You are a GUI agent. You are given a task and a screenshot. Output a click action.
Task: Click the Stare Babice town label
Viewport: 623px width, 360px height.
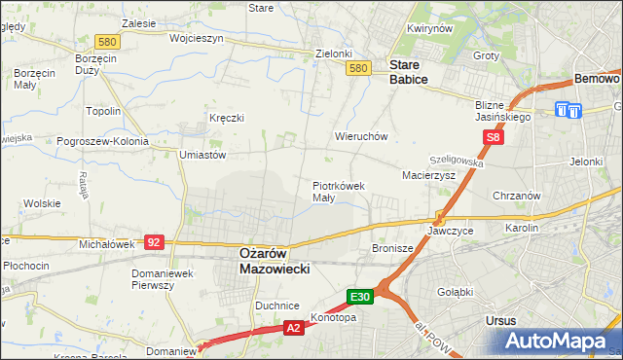pyautogui.click(x=409, y=72)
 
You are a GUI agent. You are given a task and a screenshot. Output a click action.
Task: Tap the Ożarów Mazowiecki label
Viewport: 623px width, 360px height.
pyautogui.click(x=275, y=260)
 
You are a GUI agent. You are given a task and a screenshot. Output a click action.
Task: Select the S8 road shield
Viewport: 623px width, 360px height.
pyautogui.click(x=495, y=138)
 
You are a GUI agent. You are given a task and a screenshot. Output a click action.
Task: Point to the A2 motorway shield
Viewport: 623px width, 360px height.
pyautogui.click(x=293, y=329)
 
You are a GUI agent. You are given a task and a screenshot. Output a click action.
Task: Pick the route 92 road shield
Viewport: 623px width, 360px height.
pyautogui.click(x=154, y=240)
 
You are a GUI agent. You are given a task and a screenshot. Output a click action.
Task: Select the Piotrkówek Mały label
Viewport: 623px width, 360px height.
pyautogui.click(x=338, y=191)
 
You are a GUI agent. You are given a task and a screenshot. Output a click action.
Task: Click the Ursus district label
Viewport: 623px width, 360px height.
pyautogui.click(x=500, y=319)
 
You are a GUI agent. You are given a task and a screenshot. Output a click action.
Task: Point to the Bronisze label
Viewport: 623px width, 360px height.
pyautogui.click(x=393, y=249)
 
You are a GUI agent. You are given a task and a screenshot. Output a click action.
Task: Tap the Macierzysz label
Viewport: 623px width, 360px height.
pyautogui.click(x=429, y=175)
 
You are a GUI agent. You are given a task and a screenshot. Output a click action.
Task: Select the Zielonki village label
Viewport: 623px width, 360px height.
pyautogui.click(x=333, y=54)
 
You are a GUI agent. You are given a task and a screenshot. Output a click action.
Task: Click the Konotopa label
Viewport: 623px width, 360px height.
pyautogui.click(x=333, y=317)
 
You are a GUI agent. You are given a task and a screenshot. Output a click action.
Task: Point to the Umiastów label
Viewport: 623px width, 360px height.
pyautogui.click(x=202, y=154)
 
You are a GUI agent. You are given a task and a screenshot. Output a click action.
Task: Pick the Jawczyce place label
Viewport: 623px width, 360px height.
pyautogui.click(x=451, y=232)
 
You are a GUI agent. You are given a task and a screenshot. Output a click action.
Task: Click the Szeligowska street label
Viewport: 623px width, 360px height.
pyautogui.click(x=458, y=160)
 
